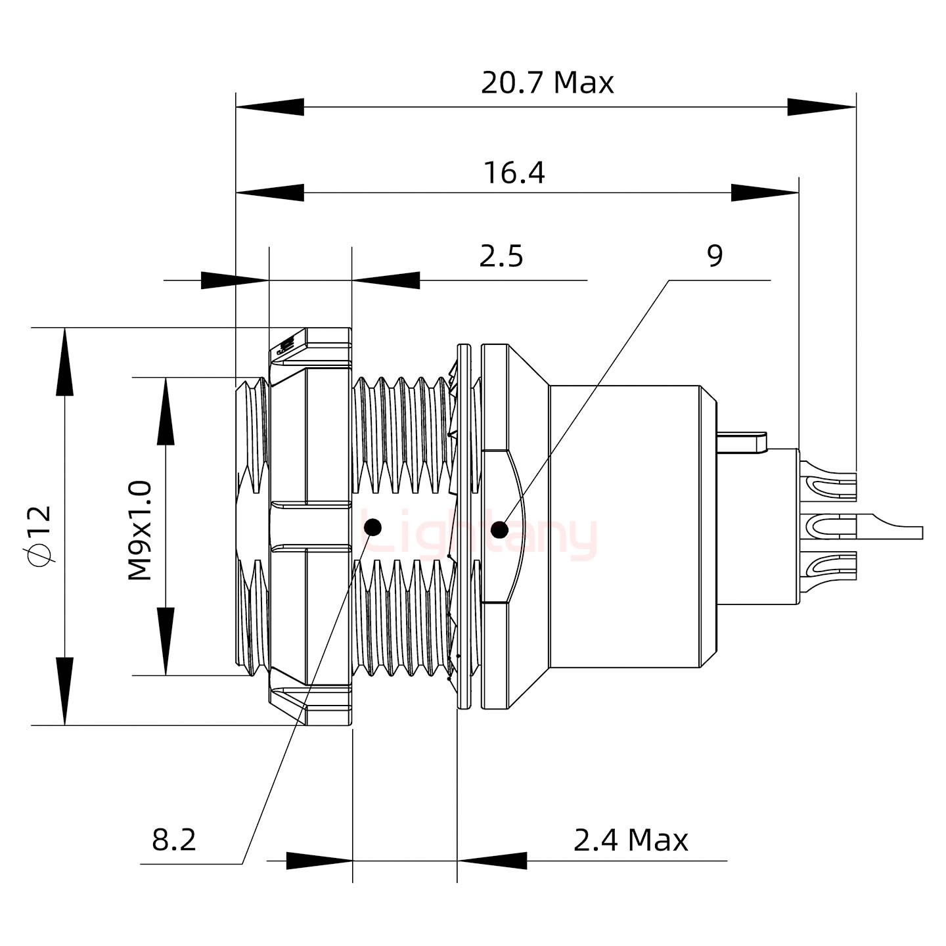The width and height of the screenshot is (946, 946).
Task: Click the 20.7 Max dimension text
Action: [547, 83]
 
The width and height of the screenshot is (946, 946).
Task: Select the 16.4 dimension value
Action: [514, 173]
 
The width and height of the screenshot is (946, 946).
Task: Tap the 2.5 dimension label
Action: [501, 257]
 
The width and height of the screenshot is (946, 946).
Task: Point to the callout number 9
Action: [715, 256]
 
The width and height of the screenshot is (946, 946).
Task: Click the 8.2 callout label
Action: [174, 840]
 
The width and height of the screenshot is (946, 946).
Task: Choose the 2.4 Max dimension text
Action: [631, 840]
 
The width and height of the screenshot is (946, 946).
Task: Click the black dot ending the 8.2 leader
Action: [372, 526]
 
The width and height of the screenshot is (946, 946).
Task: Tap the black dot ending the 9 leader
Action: [500, 529]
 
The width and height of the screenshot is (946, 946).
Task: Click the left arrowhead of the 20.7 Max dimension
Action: [269, 107]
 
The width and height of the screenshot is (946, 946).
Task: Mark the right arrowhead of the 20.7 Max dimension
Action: [822, 107]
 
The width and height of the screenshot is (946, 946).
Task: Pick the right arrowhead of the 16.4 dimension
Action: [765, 193]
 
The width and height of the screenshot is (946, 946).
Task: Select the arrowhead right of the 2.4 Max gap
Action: [492, 861]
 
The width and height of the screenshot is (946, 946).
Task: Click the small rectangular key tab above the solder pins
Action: [742, 440]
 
